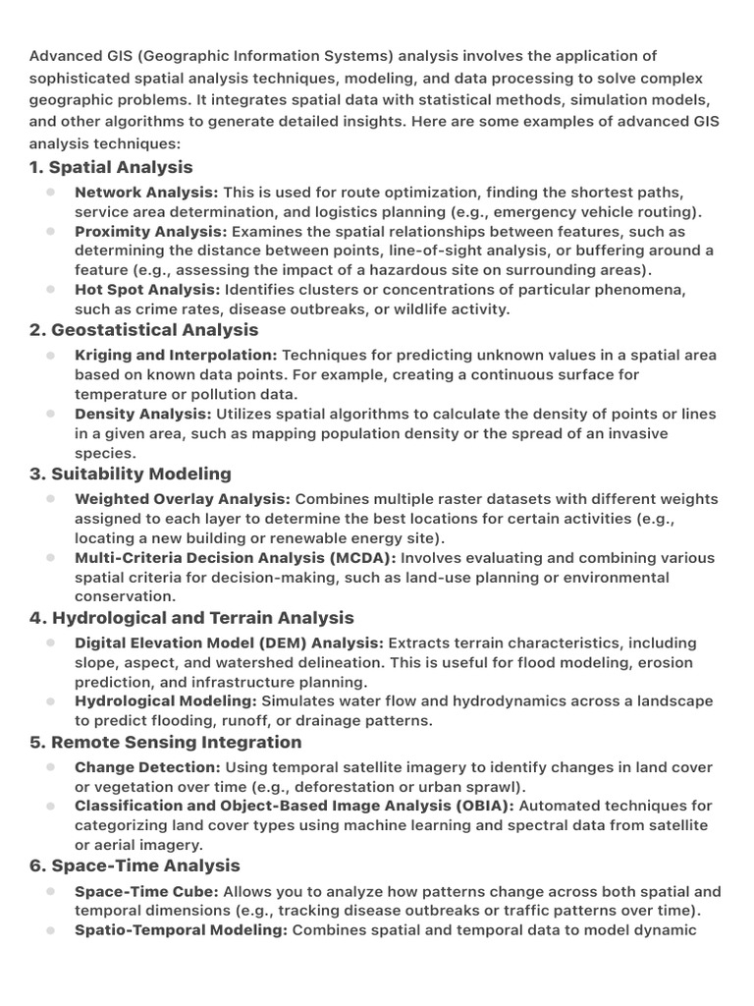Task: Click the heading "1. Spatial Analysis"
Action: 111,167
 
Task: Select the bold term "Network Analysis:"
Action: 146,193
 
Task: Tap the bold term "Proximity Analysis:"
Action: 150,232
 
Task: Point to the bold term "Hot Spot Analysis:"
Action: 147,290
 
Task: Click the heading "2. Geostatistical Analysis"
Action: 144,329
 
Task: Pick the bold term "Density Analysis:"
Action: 142,415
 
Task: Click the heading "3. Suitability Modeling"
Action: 131,474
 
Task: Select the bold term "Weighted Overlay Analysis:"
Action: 182,499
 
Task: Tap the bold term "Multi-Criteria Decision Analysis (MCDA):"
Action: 236,558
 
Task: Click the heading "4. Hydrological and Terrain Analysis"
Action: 191,617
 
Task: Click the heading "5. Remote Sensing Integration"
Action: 166,742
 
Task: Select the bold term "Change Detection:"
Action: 147,767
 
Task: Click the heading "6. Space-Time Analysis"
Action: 135,866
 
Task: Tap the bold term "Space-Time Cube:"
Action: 146,892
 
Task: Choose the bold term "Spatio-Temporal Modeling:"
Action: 181,930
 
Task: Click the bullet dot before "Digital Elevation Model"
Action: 50,643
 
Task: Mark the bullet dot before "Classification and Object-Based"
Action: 50,806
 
